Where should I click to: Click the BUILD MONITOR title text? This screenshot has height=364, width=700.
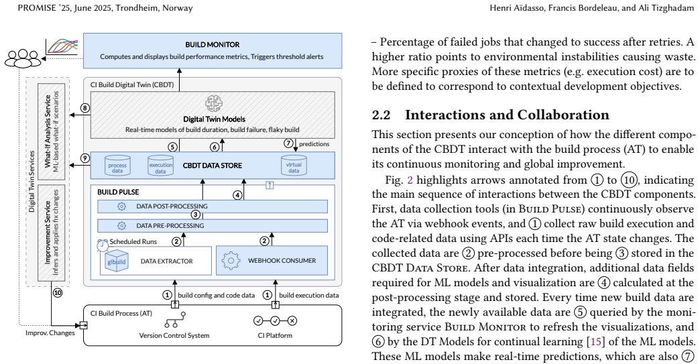click(x=213, y=45)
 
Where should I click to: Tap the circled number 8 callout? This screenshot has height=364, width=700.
click(x=85, y=108)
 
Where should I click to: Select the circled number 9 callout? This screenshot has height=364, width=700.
click(x=85, y=158)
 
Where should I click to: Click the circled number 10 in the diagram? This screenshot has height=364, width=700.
click(x=58, y=293)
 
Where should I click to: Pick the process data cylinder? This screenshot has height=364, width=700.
click(x=117, y=166)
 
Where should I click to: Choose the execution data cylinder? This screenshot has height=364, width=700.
click(x=161, y=166)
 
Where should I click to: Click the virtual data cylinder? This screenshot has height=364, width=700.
click(x=294, y=165)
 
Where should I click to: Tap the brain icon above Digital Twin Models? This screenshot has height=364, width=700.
click(x=214, y=104)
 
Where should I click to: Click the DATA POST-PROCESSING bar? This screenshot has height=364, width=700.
click(x=213, y=206)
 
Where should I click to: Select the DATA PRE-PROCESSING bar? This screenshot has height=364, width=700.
click(x=213, y=226)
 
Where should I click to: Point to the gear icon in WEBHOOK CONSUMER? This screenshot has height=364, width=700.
click(x=231, y=261)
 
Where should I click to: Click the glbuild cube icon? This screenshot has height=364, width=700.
click(x=117, y=261)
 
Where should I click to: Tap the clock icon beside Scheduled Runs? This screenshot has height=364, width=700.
click(x=103, y=245)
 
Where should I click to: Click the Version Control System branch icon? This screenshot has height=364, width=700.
click(x=174, y=320)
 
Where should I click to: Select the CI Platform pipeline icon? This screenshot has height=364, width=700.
click(x=275, y=320)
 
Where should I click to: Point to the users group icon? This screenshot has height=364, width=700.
click(x=23, y=58)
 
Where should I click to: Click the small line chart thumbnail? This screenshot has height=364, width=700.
click(x=62, y=46)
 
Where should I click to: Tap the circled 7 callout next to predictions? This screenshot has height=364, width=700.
click(x=289, y=143)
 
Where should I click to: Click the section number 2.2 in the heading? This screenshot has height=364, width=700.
click(x=382, y=115)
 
